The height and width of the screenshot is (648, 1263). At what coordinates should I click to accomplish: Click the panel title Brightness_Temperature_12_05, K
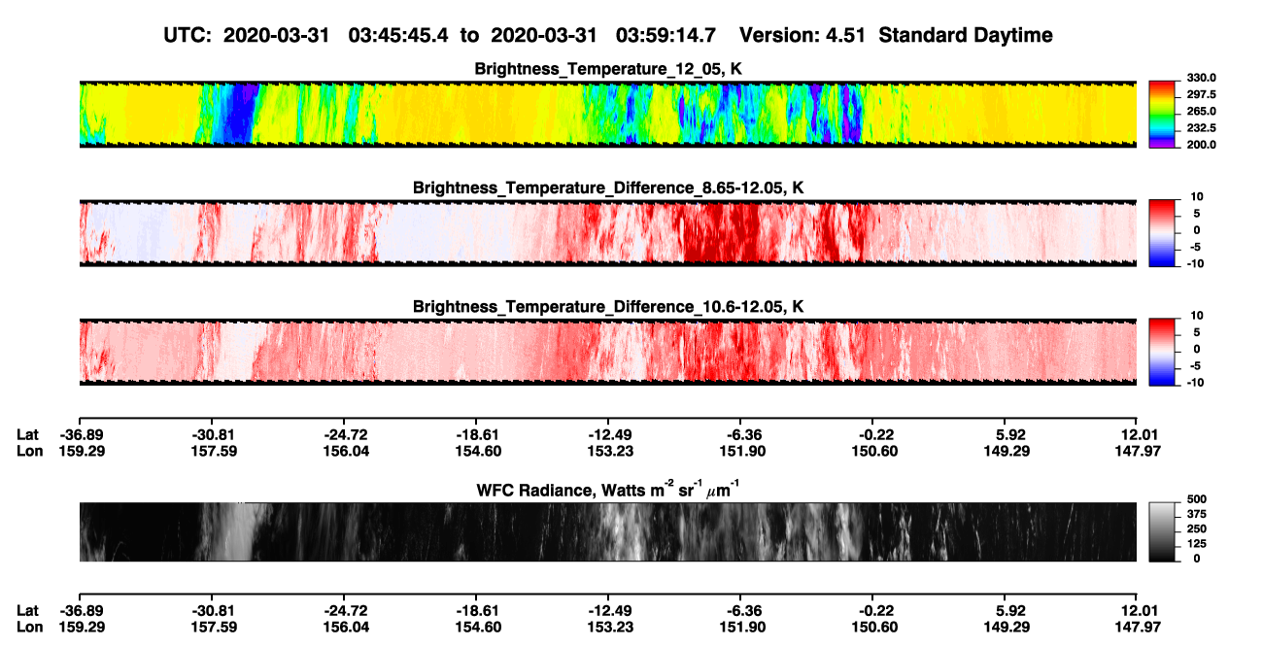tap(608, 69)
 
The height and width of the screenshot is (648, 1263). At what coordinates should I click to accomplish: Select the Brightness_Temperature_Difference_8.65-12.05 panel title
tap(608, 188)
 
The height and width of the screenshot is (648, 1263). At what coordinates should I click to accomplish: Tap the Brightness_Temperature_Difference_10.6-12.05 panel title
tap(608, 307)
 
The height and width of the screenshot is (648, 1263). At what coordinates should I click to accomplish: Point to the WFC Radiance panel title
tap(608, 490)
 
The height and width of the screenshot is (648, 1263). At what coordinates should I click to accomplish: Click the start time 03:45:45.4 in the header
tap(398, 36)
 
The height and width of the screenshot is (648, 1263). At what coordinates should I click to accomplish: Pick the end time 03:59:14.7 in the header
tap(666, 36)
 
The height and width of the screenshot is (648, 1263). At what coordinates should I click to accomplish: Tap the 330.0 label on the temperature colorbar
tap(1201, 78)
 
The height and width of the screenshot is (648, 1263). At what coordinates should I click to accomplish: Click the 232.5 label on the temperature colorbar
tap(1201, 128)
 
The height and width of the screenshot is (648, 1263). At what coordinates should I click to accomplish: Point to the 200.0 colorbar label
tap(1201, 145)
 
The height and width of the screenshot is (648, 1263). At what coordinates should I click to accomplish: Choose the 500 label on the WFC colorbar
tap(1197, 499)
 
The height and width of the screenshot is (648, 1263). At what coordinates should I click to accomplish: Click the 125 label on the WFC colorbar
tap(1197, 544)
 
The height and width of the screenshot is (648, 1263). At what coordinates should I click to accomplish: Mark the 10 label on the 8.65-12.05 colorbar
tap(1197, 197)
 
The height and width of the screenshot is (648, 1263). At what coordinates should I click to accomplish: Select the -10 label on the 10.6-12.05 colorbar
tap(1195, 383)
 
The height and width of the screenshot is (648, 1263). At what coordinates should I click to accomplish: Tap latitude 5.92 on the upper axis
tap(1007, 435)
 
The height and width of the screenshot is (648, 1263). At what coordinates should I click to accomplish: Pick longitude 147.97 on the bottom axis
tap(1138, 628)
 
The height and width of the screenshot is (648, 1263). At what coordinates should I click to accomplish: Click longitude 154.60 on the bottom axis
tap(478, 628)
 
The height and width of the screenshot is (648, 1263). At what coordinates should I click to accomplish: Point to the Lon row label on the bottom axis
tap(30, 628)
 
